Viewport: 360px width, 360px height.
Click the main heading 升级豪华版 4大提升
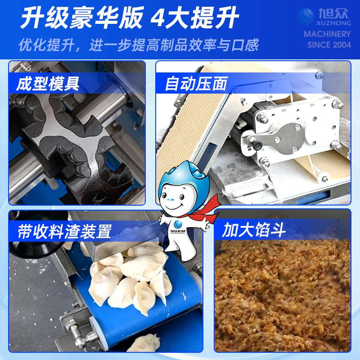pos(130,18)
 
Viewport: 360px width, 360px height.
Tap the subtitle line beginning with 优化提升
pos(139,45)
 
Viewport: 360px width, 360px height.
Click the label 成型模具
pos(48,84)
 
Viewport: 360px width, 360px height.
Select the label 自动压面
pos(196,84)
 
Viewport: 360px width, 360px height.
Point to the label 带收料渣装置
pos(64,231)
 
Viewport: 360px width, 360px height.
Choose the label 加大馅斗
pos(254,230)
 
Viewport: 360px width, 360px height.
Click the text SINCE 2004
pos(329,45)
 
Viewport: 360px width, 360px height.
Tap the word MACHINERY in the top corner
pos(327,34)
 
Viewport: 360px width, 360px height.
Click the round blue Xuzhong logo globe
pos(306,16)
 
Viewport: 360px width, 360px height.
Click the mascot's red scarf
pos(202,208)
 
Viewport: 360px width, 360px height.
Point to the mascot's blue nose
pos(171,199)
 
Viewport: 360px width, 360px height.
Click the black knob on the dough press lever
pos(256,145)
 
